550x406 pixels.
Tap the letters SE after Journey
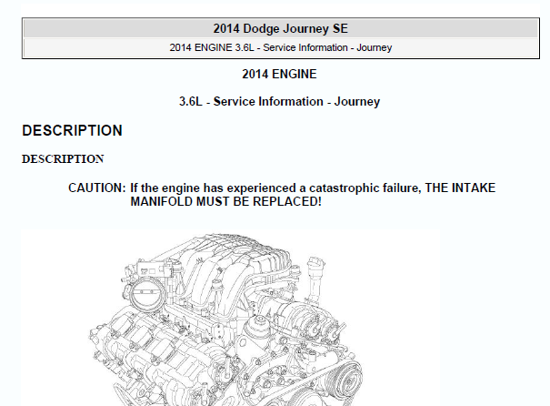pyautogui.click(x=340, y=29)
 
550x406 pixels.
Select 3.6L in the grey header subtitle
pyautogui.click(x=245, y=47)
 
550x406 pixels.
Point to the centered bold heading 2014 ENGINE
pyautogui.click(x=279, y=74)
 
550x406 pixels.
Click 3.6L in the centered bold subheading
pyautogui.click(x=191, y=102)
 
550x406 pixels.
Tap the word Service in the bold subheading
pyautogui.click(x=234, y=102)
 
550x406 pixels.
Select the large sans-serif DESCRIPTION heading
pyautogui.click(x=72, y=131)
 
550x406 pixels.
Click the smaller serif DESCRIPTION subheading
pyautogui.click(x=63, y=158)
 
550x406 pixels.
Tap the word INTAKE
pyautogui.click(x=474, y=188)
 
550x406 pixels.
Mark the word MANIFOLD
pyautogui.click(x=161, y=202)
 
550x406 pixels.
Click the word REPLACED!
pyautogui.click(x=287, y=202)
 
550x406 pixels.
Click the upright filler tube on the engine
pyautogui.click(x=315, y=279)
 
